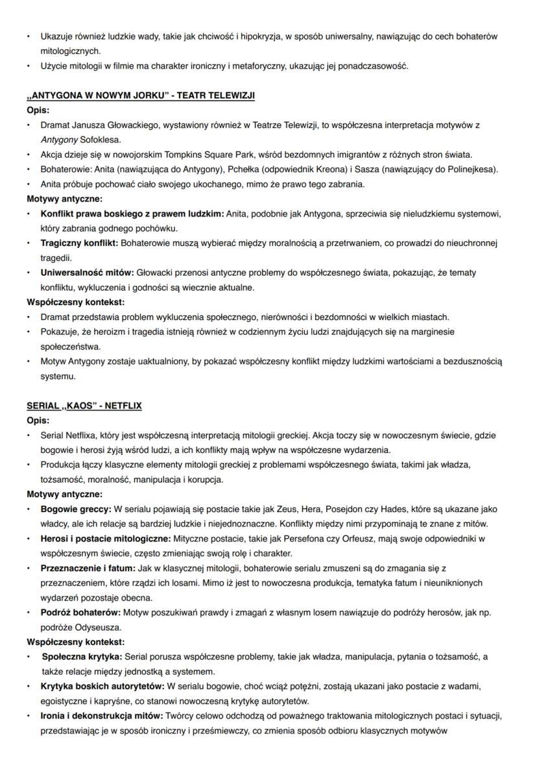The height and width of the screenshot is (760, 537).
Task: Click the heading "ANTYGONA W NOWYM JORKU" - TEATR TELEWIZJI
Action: coord(141,96)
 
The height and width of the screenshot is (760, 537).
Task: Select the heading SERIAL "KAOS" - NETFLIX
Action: coord(84,406)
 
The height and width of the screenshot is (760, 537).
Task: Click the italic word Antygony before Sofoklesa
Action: coord(59,140)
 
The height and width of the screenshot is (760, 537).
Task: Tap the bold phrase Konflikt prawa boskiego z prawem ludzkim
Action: coord(132,214)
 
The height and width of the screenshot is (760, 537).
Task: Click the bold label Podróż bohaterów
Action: coord(80,613)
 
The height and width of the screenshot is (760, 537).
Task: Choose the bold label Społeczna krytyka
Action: coord(81,657)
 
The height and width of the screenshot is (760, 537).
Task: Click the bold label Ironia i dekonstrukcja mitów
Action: coord(102,716)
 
